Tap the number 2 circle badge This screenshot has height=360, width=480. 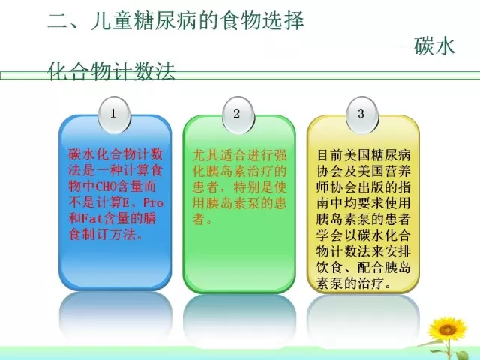[238, 115]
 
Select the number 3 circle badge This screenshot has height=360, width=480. [362, 115]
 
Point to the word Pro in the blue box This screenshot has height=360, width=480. [153, 202]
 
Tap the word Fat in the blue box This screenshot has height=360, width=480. [91, 218]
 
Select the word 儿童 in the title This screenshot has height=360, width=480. [112, 21]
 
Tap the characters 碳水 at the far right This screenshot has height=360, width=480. [435, 46]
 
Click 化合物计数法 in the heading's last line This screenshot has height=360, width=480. [112, 72]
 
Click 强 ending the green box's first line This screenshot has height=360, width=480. [280, 155]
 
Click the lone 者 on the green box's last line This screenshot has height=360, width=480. [199, 218]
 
